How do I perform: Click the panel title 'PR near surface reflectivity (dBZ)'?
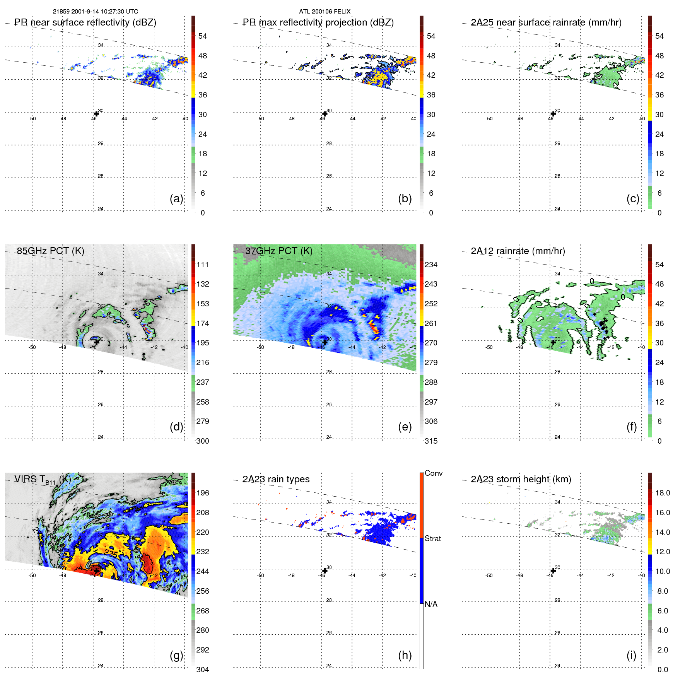tap(85, 22)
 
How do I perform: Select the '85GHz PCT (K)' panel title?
tap(50, 251)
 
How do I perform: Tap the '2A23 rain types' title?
tap(276, 479)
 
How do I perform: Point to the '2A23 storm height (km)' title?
tap(521, 479)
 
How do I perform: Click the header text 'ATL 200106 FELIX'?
tap(325, 12)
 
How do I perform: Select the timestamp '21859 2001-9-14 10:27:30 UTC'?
tap(95, 12)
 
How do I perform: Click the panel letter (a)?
tap(176, 198)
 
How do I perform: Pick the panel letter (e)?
tap(405, 427)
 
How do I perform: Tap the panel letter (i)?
tap(631, 655)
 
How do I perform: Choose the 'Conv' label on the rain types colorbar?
tap(433, 473)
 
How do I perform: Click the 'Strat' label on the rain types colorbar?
tap(432, 538)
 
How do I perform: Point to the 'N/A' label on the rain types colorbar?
tap(431, 604)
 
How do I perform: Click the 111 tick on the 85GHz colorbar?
tap(203, 265)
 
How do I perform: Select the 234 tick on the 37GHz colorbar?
tap(431, 265)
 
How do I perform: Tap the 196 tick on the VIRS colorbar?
tap(203, 493)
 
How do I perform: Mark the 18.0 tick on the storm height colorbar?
tap(662, 493)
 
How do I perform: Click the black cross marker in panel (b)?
tap(325, 114)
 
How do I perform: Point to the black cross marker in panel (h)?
tap(325, 571)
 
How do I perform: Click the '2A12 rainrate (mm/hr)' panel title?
tap(518, 251)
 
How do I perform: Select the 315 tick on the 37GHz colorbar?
tap(431, 441)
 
